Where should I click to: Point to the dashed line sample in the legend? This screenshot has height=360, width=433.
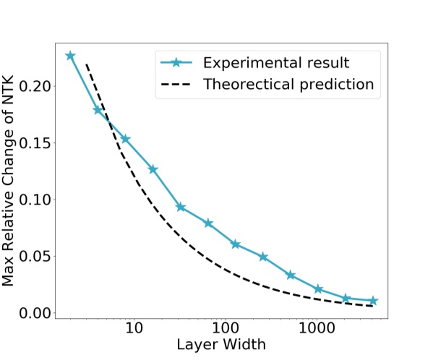pyautogui.click(x=177, y=85)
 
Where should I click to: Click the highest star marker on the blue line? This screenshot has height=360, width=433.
pyautogui.click(x=70, y=56)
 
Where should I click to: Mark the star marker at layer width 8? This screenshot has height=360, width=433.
pyautogui.click(x=125, y=139)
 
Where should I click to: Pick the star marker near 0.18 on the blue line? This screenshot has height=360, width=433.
pyautogui.click(x=98, y=110)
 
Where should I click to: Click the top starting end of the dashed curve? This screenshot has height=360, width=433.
pyautogui.click(x=86, y=64)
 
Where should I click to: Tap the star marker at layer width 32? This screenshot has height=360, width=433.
pyautogui.click(x=181, y=207)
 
